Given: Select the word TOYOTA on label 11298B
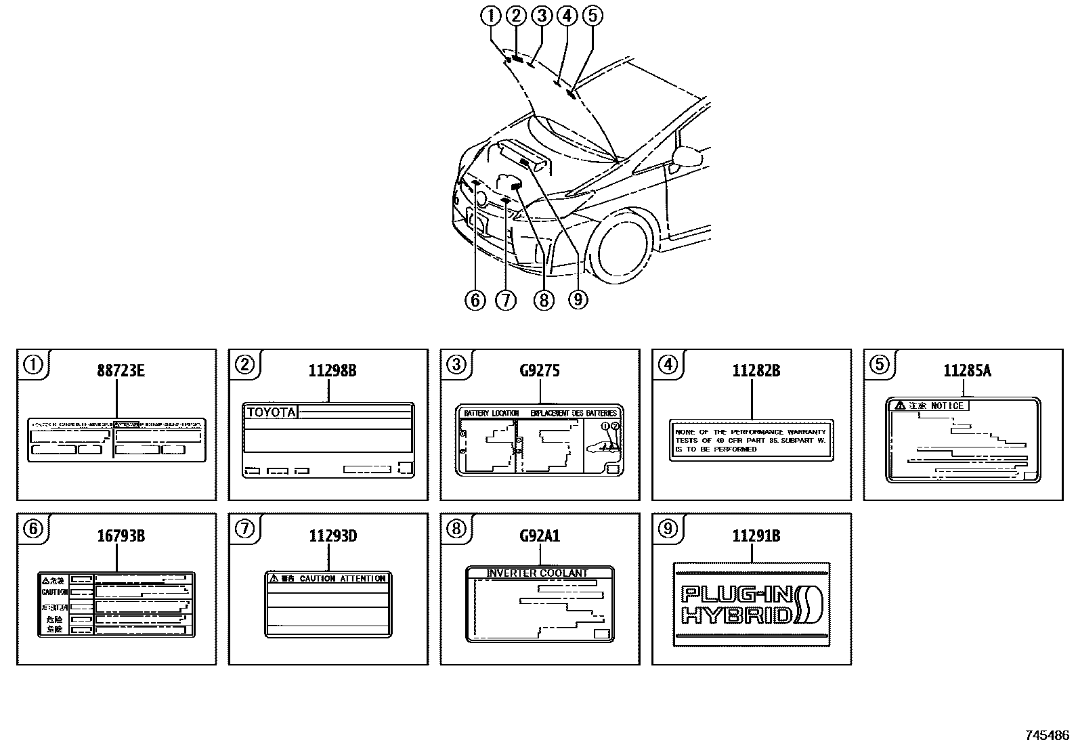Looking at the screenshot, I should (271, 412).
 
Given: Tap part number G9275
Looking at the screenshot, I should (540, 370).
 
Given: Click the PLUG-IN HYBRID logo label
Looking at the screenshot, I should (752, 605).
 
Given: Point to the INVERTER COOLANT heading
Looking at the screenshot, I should (538, 573).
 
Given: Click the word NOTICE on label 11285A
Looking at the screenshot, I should (947, 406).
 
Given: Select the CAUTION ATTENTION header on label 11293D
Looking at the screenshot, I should (342, 578).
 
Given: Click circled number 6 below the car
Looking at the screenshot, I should (475, 299).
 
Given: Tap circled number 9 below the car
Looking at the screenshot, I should (577, 299).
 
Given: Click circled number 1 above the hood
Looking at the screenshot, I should (492, 15).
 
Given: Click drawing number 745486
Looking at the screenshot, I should (1047, 735).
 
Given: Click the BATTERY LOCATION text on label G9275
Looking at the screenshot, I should (492, 413).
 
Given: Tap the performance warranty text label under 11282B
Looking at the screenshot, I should (751, 440).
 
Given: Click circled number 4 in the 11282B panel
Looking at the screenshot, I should (668, 364).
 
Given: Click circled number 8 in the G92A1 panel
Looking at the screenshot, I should (456, 528).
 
